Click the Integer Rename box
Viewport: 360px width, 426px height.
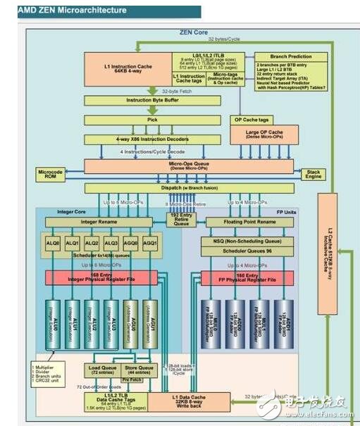104,222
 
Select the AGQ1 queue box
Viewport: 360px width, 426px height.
149,242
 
